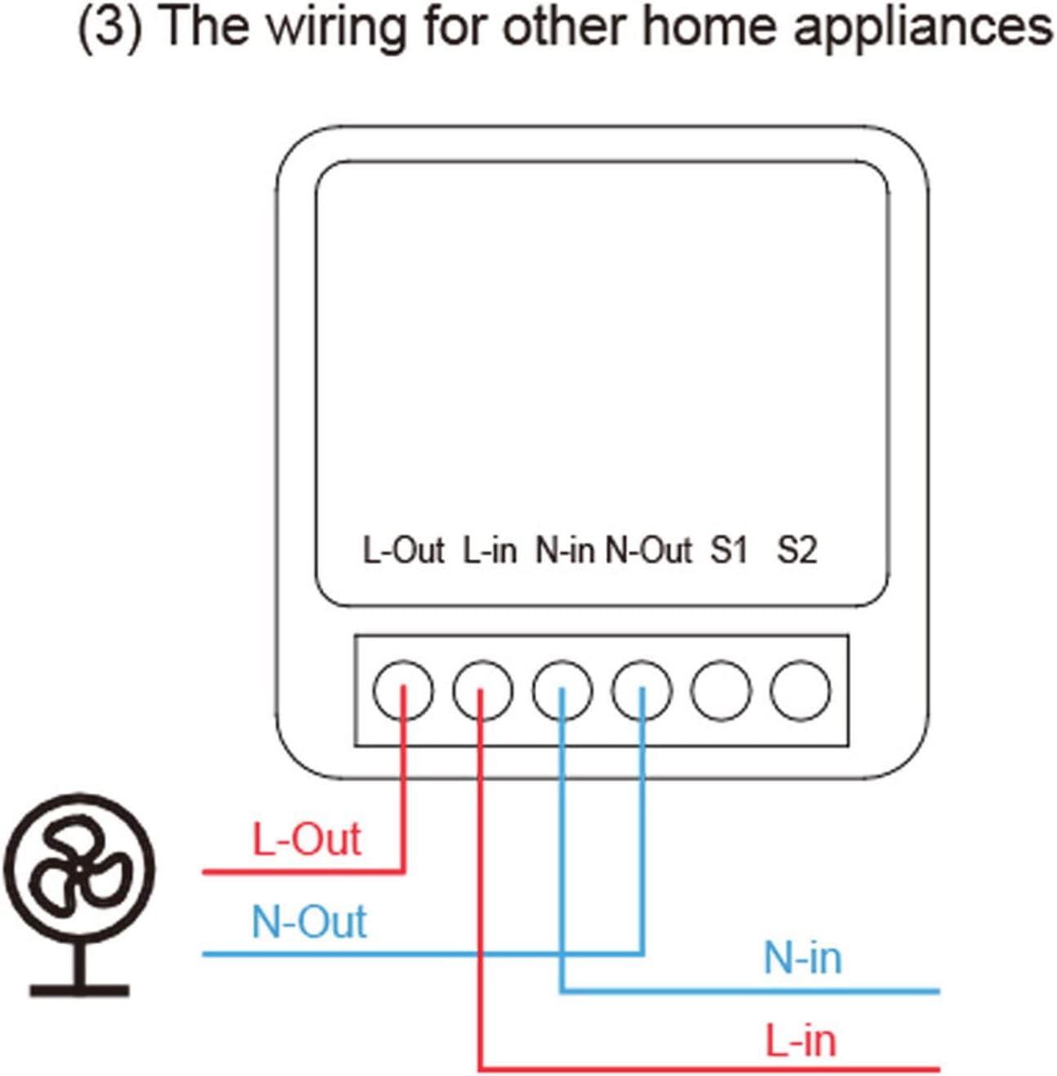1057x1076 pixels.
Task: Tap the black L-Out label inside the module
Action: click(404, 550)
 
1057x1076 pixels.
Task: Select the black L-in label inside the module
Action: click(490, 550)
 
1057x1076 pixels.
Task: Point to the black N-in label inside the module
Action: click(565, 550)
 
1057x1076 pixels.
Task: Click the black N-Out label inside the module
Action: click(649, 550)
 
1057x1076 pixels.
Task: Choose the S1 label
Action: click(728, 550)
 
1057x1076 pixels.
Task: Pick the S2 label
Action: click(797, 550)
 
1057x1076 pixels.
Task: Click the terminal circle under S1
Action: click(721, 691)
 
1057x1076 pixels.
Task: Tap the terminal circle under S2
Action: click(800, 691)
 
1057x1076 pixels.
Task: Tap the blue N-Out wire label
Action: click(309, 921)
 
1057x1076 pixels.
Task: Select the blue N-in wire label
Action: click(803, 958)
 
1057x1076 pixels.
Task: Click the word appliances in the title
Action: click(924, 29)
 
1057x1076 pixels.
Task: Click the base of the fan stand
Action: click(79, 991)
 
